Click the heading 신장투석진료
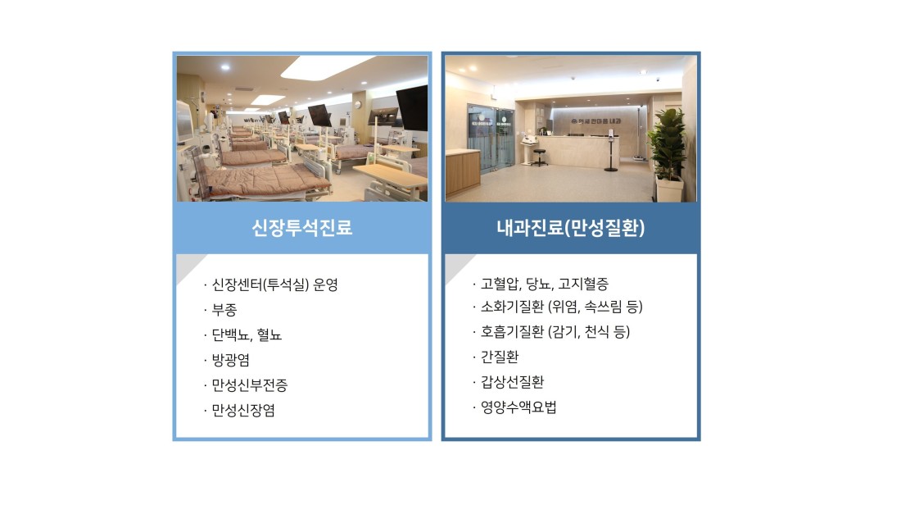pyautogui.click(x=301, y=228)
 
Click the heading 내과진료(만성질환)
pyautogui.click(x=571, y=228)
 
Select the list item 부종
pyautogui.click(x=224, y=310)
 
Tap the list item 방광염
pyautogui.click(x=230, y=360)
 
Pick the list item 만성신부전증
pyautogui.click(x=249, y=385)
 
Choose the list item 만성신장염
pyautogui.click(x=243, y=411)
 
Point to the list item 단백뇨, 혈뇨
pyautogui.click(x=247, y=334)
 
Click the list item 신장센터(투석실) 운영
pyautogui.click(x=274, y=284)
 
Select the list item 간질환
pyautogui.click(x=500, y=357)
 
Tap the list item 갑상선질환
pyautogui.click(x=512, y=383)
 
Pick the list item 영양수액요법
pyautogui.click(x=518, y=407)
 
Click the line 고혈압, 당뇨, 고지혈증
pyautogui.click(x=544, y=284)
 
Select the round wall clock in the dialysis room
pyautogui.click(x=357, y=105)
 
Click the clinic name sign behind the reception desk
pyautogui.click(x=595, y=121)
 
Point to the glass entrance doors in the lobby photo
pyautogui.click(x=490, y=138)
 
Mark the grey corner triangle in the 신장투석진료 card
pyautogui.click(x=187, y=265)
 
